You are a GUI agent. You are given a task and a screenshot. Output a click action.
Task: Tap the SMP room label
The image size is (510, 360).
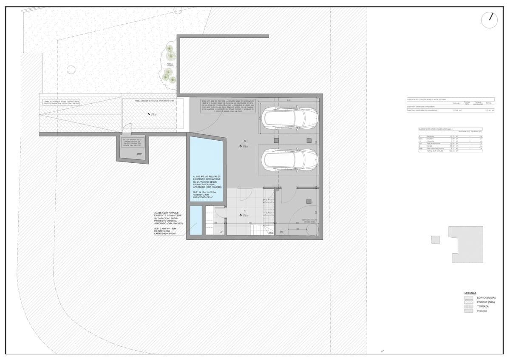(x=139, y=154)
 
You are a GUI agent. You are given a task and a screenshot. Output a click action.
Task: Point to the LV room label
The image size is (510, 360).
(x=221, y=232)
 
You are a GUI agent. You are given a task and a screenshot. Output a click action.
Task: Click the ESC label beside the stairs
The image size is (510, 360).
(x=271, y=233)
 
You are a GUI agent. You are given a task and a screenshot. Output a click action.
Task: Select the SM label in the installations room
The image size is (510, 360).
(x=281, y=232)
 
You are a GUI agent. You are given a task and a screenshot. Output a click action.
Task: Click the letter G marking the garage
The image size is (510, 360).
(x=245, y=141)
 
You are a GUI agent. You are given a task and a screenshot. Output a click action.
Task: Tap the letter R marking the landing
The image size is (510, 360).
(x=245, y=211)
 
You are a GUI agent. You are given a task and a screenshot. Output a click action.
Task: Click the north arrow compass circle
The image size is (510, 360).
(x=490, y=20)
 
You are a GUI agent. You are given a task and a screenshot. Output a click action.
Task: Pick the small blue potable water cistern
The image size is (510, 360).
(x=195, y=220)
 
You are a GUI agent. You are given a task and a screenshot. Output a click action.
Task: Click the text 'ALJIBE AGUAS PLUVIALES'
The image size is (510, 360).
(x=206, y=176)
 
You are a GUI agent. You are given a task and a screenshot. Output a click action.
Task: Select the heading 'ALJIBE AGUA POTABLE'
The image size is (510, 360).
(x=166, y=213)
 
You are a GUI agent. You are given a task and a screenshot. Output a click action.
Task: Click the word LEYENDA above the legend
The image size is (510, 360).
(x=470, y=293)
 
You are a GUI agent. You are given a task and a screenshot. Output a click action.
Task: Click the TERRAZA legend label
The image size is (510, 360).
(x=483, y=306)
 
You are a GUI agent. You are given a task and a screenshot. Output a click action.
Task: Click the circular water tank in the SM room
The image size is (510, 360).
(x=311, y=229)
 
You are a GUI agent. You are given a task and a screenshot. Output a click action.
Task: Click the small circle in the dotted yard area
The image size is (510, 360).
(x=71, y=70)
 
